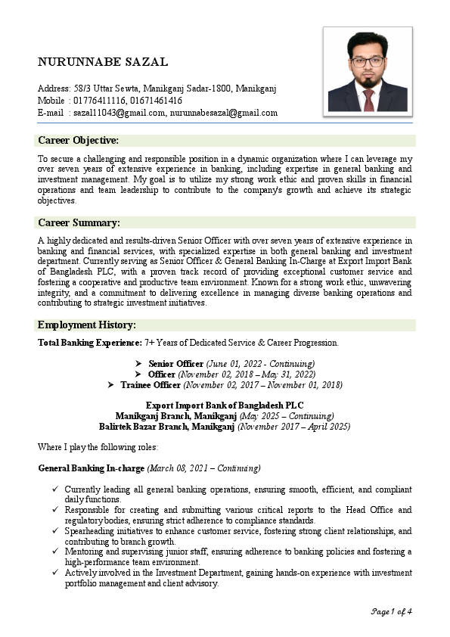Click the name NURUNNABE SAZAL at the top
point(103,62)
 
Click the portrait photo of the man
point(368,71)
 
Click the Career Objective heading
point(79,141)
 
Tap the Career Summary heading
point(79,222)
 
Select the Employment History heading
point(87,325)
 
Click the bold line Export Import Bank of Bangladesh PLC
point(225,406)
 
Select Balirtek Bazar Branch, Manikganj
point(167,427)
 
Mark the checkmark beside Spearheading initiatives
point(56,532)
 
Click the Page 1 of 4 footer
point(391,611)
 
